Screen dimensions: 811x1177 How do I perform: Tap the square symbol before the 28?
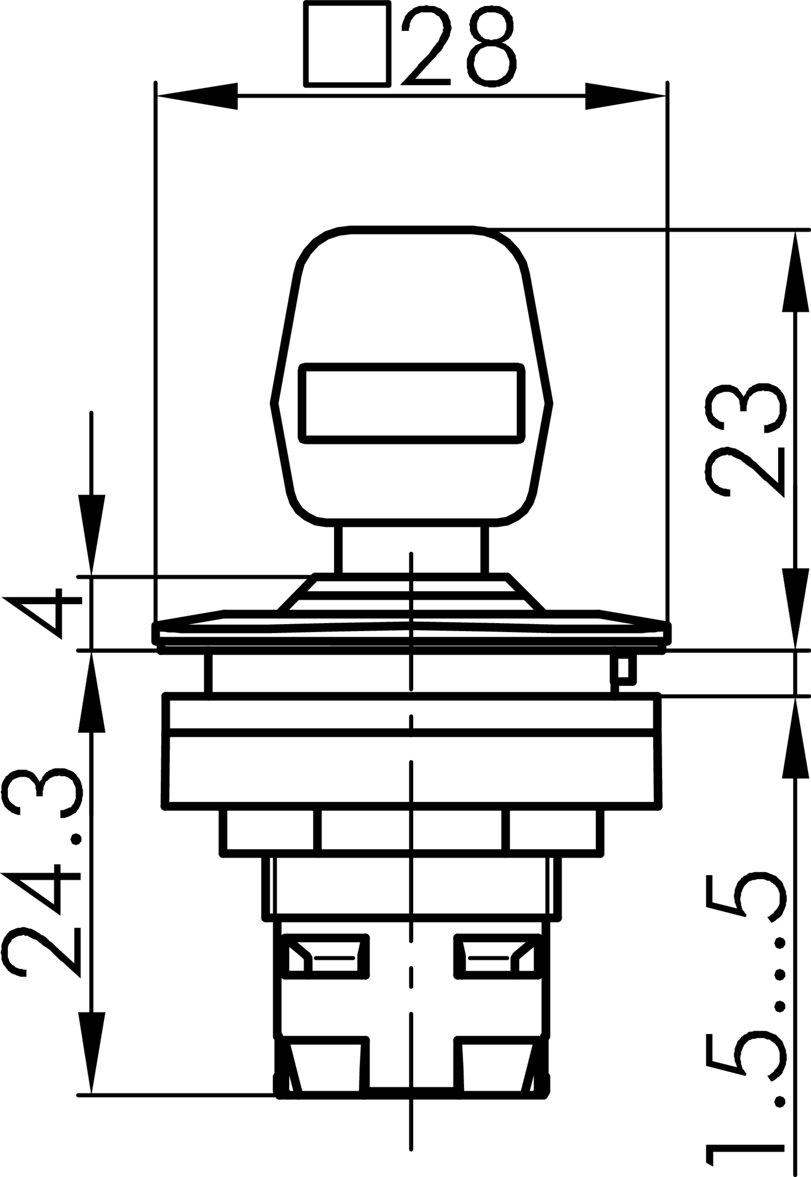347,44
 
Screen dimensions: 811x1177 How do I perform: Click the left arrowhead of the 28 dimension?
197,96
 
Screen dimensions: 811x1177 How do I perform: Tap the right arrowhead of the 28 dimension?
626,96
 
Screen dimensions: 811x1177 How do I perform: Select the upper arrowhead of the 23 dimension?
795,271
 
